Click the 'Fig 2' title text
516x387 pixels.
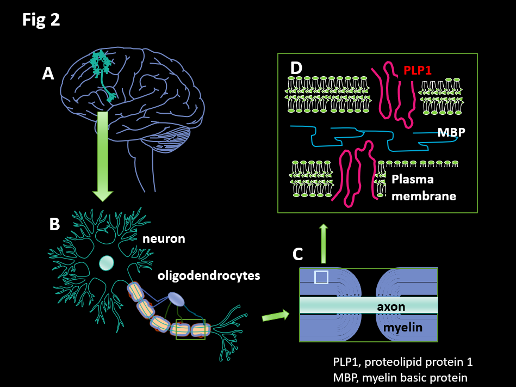41,20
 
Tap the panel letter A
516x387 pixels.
48,73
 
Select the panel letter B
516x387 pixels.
54,224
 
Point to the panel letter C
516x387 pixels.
298,253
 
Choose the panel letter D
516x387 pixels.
296,69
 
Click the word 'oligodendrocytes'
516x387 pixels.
209,275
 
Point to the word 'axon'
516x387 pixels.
391,306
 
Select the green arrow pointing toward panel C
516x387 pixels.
276,315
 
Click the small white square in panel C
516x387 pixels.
321,278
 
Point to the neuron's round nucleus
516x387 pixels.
107,263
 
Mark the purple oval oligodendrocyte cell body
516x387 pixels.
176,298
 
